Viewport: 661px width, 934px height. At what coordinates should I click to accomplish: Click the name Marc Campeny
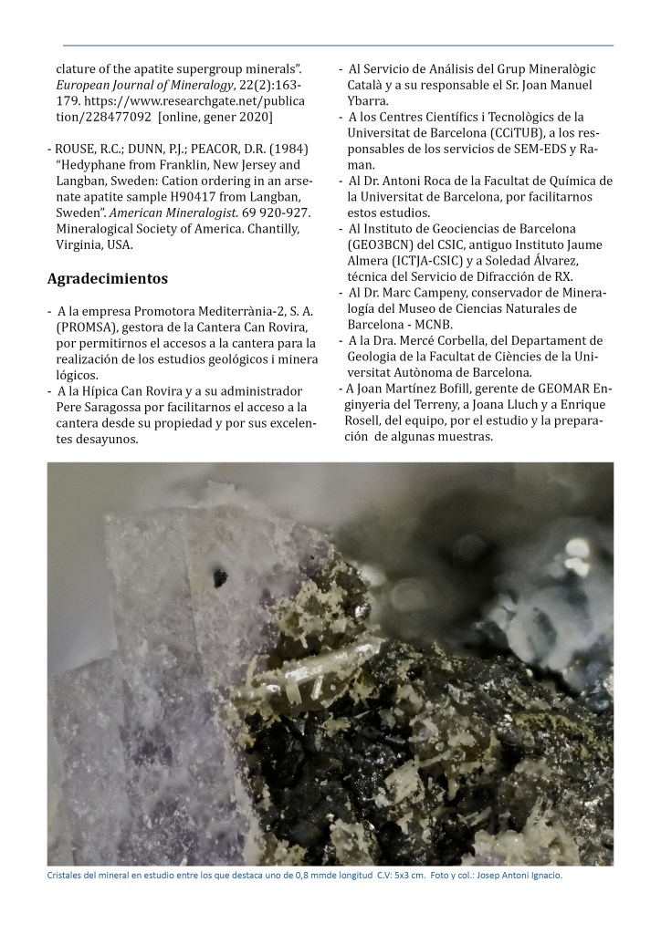[428, 294]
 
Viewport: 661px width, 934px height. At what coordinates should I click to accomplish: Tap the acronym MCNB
[446, 326]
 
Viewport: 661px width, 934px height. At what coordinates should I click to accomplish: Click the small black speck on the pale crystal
[220, 576]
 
